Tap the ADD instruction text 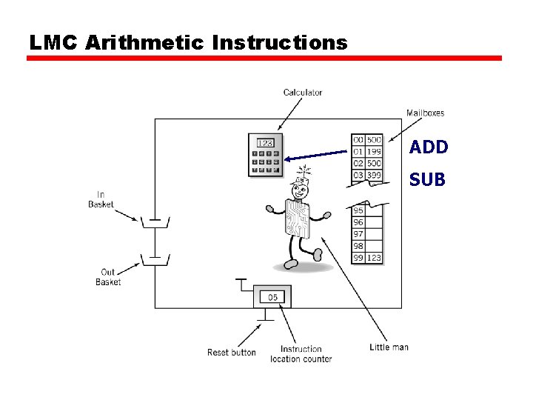point(429,147)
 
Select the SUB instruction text point(427,179)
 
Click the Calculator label point(303,93)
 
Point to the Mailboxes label point(425,113)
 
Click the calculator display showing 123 point(265,143)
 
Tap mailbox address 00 point(358,140)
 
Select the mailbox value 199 point(374,151)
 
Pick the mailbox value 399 point(374,175)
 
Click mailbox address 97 point(358,234)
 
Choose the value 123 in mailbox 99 point(374,258)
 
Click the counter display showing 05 point(272,297)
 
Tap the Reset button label point(231,353)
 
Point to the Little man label point(389,347)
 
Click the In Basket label point(101,199)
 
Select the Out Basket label point(108,277)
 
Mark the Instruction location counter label point(301,354)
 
